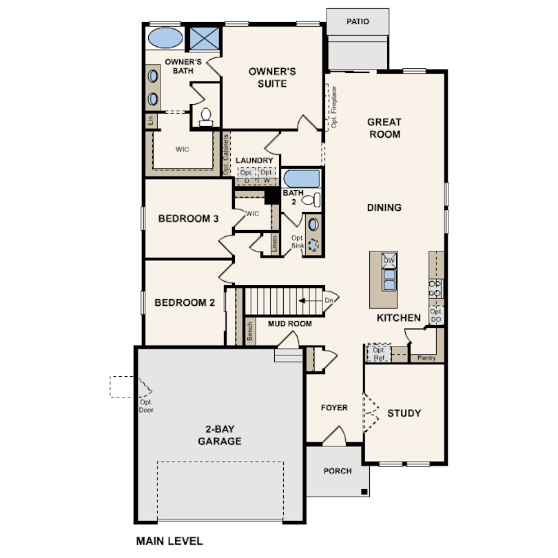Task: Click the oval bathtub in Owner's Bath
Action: click(x=165, y=38)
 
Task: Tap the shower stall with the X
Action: click(x=205, y=39)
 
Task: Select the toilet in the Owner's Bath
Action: click(x=206, y=117)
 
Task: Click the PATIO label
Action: click(x=358, y=21)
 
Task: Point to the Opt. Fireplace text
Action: click(x=334, y=107)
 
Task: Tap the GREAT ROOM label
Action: click(x=384, y=128)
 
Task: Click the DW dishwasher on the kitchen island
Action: click(x=389, y=260)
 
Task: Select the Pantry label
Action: click(x=426, y=358)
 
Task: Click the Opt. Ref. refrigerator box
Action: click(x=379, y=353)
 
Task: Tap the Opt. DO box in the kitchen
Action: click(x=436, y=316)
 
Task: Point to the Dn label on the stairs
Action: click(x=329, y=300)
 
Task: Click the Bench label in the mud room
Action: click(x=250, y=331)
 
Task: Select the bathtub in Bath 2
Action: click(x=302, y=178)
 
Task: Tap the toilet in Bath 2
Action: click(x=311, y=200)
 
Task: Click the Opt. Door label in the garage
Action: click(x=146, y=406)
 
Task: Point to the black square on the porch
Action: click(x=364, y=492)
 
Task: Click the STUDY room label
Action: click(x=404, y=413)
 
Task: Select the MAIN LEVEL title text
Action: click(x=169, y=541)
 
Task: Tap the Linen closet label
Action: click(x=274, y=244)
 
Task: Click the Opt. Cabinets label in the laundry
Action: click(x=226, y=155)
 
